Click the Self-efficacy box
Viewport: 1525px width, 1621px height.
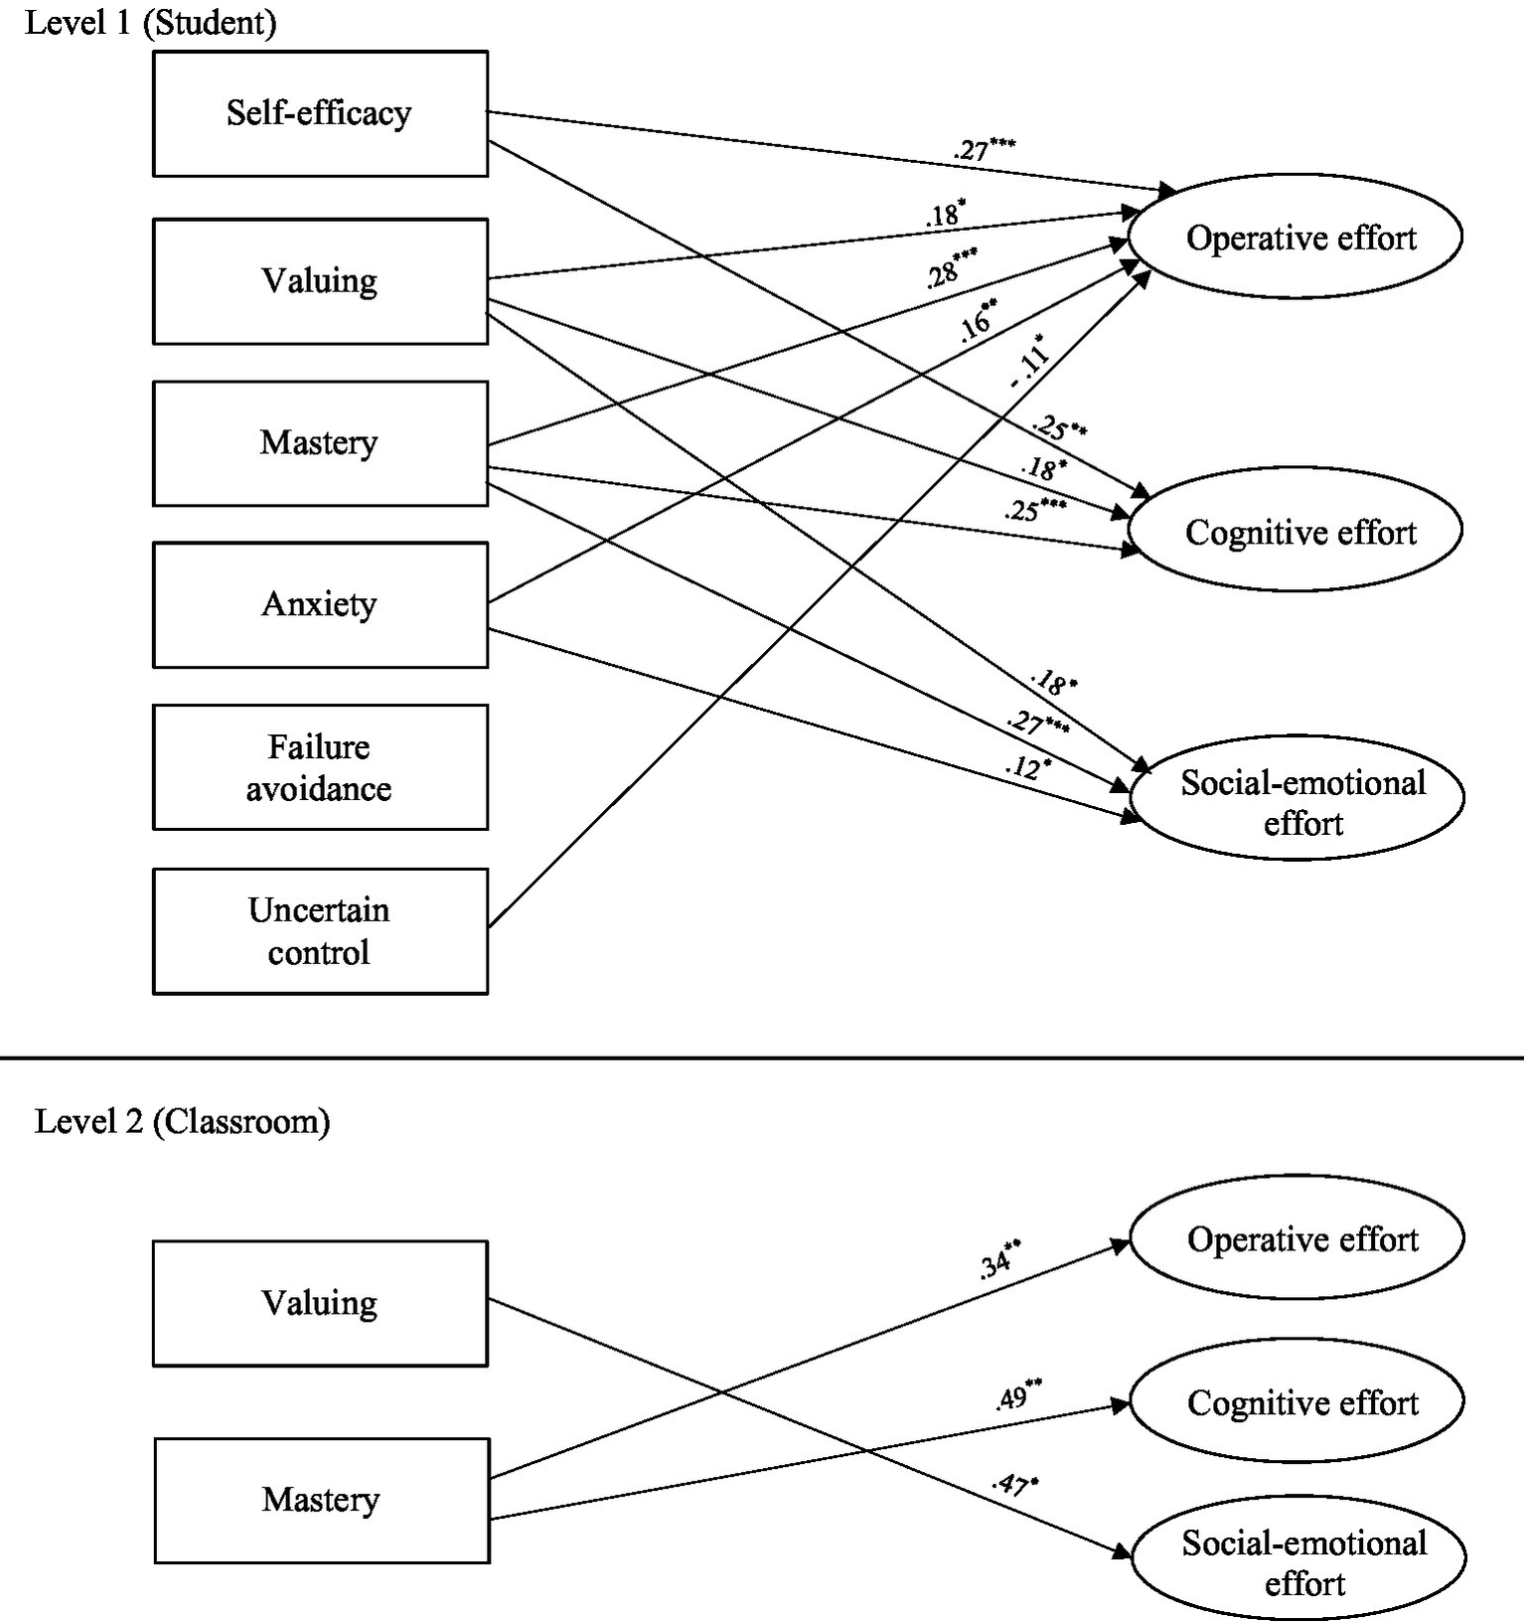(320, 113)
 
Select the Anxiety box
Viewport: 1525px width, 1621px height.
(320, 604)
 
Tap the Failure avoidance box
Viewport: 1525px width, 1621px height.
(320, 767)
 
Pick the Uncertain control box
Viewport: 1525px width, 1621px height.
(320, 931)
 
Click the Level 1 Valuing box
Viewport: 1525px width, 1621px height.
(320, 281)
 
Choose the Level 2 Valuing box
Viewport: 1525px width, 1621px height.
(320, 1303)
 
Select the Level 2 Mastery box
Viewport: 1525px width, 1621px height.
(321, 1500)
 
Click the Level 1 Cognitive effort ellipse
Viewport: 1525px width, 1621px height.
(1296, 532)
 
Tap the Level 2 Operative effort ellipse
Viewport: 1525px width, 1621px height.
(1297, 1239)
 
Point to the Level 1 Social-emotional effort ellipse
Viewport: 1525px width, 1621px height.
(1297, 798)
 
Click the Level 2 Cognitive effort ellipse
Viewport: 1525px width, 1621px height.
(1297, 1402)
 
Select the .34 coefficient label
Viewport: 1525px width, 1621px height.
(999, 1260)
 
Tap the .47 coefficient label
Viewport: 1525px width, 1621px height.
(1013, 1486)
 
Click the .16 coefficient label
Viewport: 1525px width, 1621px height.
(978, 321)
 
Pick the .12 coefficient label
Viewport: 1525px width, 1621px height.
(1025, 767)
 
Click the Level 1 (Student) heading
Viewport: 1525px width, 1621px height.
(150, 22)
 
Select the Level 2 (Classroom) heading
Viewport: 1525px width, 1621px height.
(182, 1121)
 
